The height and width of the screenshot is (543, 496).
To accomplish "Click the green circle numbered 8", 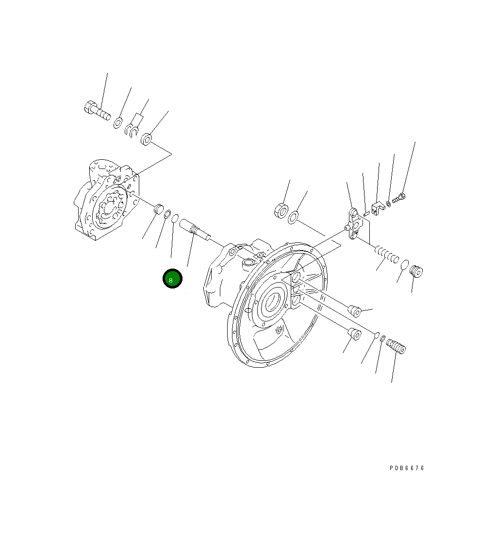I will (x=172, y=279).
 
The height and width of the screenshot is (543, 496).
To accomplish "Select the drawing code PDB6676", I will (x=407, y=468).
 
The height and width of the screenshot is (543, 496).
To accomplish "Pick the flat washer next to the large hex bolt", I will (x=118, y=123).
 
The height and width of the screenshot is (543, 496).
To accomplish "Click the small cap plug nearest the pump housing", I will (x=157, y=210).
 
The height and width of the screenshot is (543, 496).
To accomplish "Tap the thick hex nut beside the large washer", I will (x=280, y=210).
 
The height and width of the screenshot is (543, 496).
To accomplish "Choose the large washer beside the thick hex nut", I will (x=293, y=217).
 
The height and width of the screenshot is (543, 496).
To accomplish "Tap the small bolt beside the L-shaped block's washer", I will (x=398, y=198).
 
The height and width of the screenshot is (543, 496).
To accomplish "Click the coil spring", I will (x=387, y=255).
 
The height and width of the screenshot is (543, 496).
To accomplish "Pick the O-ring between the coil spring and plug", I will (x=404, y=264).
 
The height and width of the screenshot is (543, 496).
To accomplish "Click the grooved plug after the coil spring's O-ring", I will (x=416, y=271).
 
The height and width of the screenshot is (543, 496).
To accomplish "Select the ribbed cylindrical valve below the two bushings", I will (x=396, y=347).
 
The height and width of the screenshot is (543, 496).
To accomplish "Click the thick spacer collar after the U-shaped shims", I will (x=147, y=140).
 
